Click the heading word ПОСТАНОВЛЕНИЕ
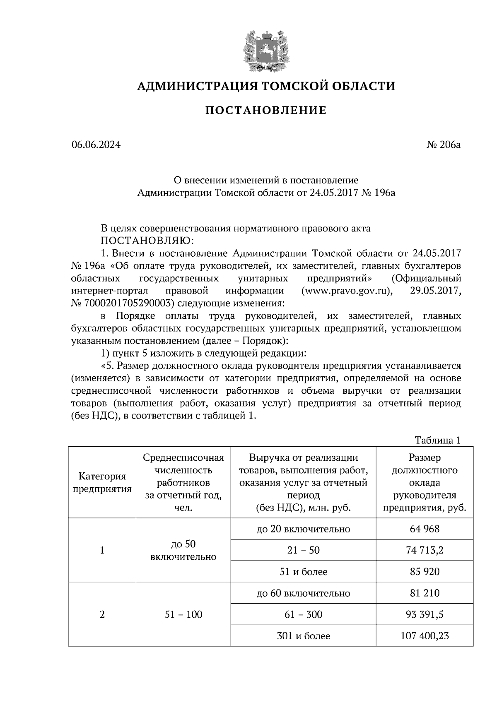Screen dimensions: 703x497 [x=266, y=111]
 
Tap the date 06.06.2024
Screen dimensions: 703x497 [x=96, y=145]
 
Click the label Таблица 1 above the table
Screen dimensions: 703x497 [x=438, y=440]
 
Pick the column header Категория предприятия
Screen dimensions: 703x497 [x=102, y=483]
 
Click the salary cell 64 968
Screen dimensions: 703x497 [x=425, y=529]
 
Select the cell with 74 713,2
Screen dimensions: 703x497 [x=425, y=550]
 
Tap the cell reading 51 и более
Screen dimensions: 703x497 [x=303, y=572]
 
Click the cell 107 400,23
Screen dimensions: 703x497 [x=425, y=636]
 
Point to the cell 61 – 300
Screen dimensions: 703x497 [x=303, y=614]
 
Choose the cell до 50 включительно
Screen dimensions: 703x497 [x=183, y=550]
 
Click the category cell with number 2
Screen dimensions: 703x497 [x=102, y=614]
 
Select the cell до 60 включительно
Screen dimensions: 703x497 [x=303, y=593]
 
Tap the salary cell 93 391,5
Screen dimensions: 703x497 [x=425, y=614]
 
